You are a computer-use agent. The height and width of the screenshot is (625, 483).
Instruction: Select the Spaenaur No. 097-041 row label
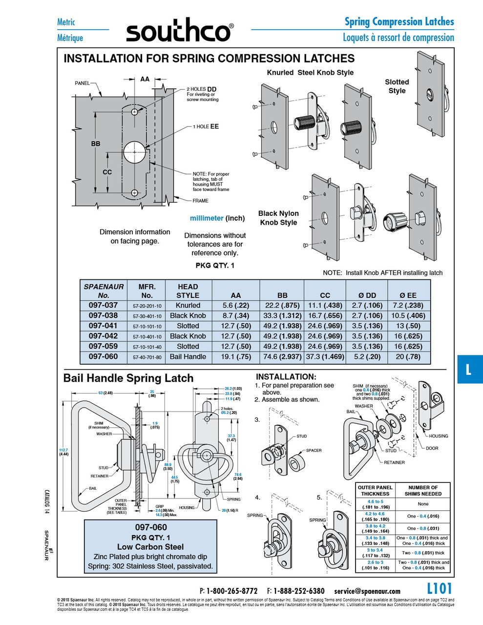click(103, 326)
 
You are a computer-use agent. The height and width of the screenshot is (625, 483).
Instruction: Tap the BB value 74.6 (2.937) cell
click(282, 357)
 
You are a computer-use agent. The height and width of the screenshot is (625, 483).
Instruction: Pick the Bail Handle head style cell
click(188, 357)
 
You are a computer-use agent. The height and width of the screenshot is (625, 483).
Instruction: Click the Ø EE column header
click(408, 295)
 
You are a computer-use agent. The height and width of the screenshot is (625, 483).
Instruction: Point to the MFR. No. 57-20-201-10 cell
click(147, 306)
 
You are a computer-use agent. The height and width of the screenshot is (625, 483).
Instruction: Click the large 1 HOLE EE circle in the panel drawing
click(134, 152)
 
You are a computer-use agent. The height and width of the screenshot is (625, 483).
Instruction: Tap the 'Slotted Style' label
click(397, 86)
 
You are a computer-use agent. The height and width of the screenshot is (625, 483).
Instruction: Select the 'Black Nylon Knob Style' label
click(278, 218)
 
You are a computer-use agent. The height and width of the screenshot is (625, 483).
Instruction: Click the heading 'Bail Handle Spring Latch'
click(128, 378)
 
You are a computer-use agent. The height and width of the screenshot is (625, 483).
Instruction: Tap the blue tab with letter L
click(469, 369)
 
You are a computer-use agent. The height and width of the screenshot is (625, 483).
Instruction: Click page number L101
click(439, 588)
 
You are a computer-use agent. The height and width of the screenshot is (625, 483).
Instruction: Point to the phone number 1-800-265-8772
click(231, 591)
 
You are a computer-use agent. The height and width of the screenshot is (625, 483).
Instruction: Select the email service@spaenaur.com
click(367, 591)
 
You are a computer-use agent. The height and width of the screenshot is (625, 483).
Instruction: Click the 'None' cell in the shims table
click(423, 504)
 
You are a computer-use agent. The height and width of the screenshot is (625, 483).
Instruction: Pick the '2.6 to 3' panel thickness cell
click(375, 565)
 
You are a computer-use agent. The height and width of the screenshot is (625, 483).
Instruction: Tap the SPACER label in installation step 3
click(314, 450)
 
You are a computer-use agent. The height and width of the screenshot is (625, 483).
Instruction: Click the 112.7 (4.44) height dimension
click(63, 452)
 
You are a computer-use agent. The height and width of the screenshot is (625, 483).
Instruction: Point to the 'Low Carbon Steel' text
click(150, 547)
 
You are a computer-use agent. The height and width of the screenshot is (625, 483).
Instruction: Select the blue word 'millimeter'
click(207, 218)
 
